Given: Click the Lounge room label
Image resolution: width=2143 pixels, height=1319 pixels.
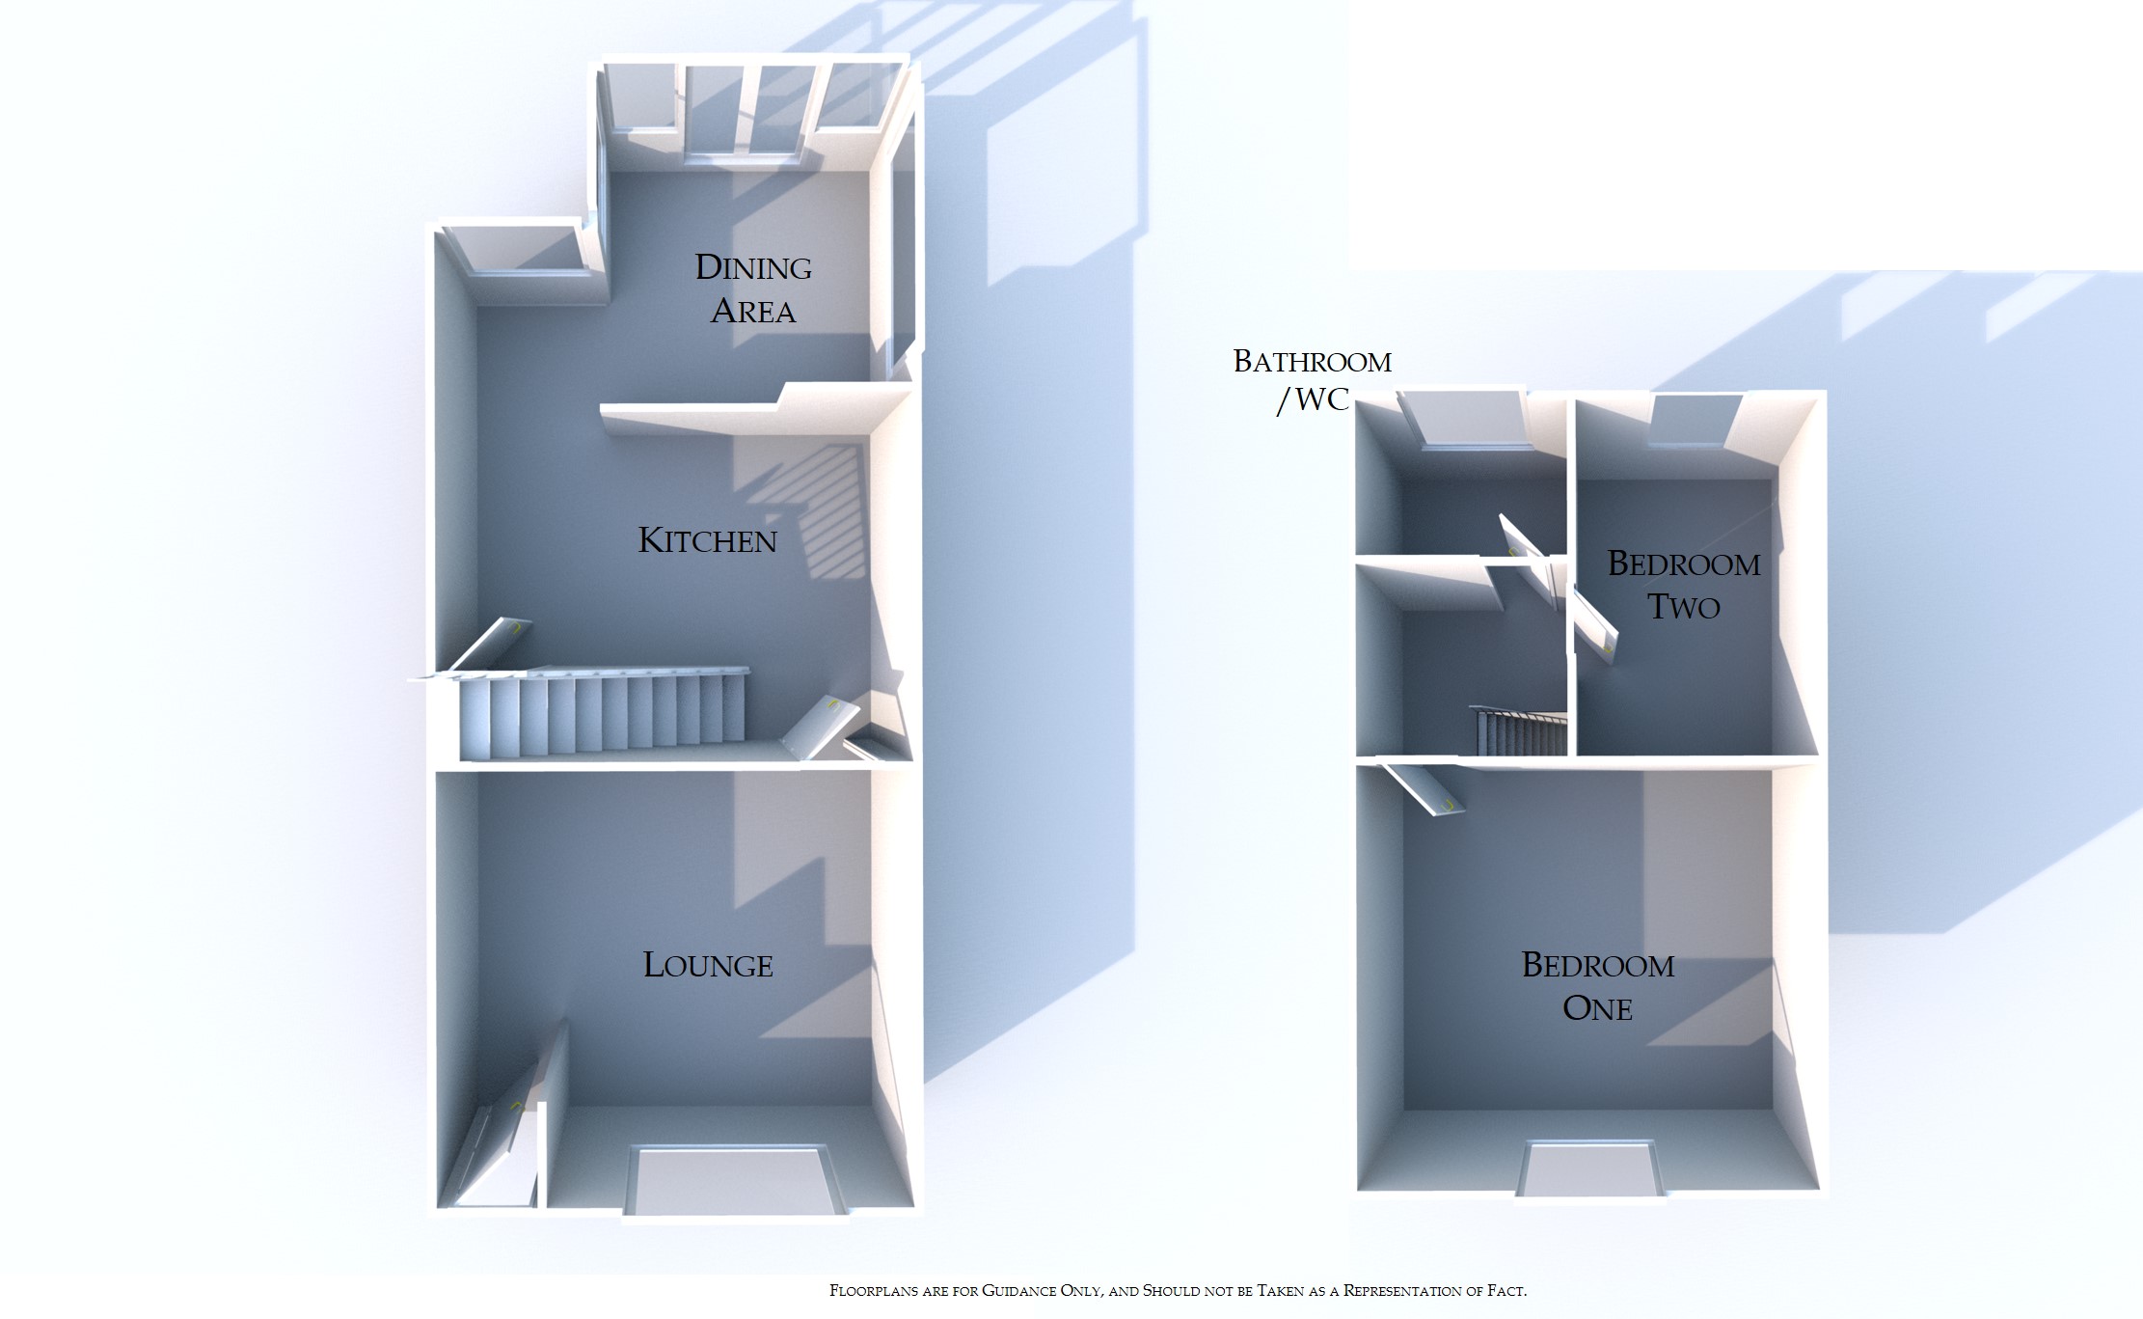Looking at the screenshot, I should [708, 965].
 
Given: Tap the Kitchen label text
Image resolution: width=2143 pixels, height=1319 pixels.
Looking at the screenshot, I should [707, 540].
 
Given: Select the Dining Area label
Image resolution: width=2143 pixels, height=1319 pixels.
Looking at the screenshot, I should [753, 289].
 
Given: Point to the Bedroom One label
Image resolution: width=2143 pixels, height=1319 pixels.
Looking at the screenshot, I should [1597, 986].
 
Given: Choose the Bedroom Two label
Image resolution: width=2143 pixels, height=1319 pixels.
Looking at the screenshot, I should [1683, 585].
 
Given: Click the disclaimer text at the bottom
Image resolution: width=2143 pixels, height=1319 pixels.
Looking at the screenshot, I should [1178, 1290].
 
